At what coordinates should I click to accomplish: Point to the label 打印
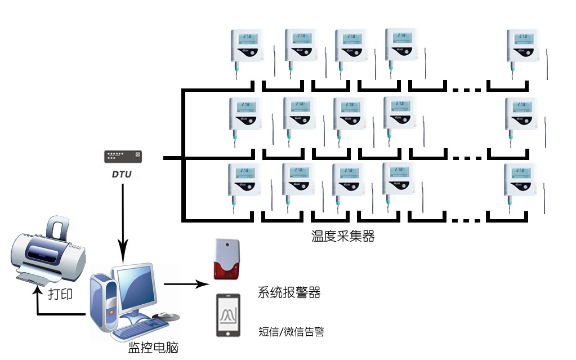pyautogui.click(x=60, y=294)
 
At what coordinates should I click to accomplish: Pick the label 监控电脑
pyautogui.click(x=154, y=348)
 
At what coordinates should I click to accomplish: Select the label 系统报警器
pyautogui.click(x=289, y=293)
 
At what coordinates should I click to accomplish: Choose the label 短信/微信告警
pyautogui.click(x=291, y=332)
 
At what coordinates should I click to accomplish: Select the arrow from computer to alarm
pyautogui.click(x=186, y=285)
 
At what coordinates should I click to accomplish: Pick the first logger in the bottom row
pyautogui.click(x=244, y=180)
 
